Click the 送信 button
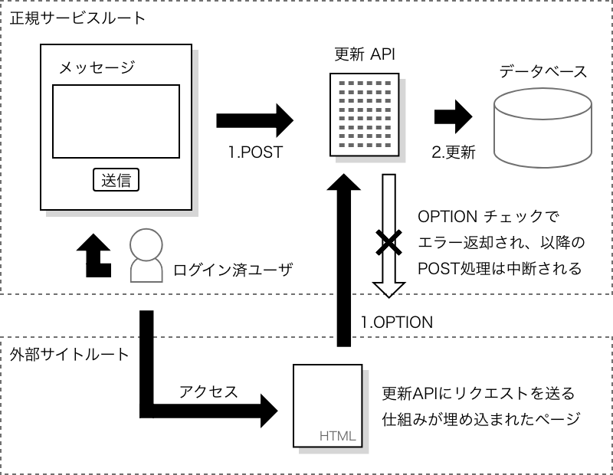coord(116,180)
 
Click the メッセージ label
coord(97,68)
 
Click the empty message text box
coord(116,120)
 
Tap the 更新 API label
coord(365,54)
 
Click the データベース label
coord(543,73)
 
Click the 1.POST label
coord(255,152)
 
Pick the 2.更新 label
coord(454,152)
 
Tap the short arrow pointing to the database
coord(453,116)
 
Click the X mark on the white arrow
coord(388,244)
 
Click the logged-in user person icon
coord(145,256)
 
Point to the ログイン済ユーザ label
coord(233,269)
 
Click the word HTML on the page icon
coord(337,437)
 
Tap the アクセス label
coord(208,391)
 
